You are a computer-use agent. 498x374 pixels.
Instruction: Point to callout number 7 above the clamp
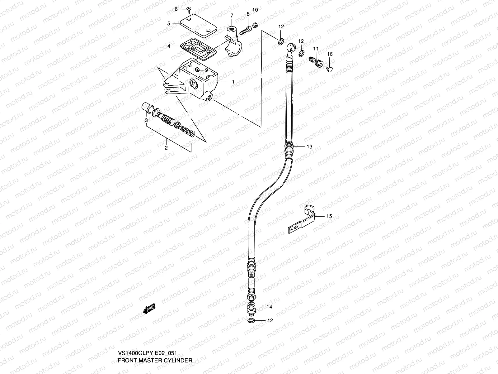click(x=232, y=15)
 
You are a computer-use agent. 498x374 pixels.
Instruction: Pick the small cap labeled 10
click(x=255, y=26)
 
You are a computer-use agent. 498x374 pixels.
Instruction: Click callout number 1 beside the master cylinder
click(x=233, y=82)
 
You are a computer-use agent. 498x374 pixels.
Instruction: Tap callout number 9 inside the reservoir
click(x=206, y=70)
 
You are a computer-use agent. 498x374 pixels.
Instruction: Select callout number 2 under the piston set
click(x=166, y=148)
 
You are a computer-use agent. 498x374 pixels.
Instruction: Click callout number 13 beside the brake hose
click(x=309, y=146)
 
